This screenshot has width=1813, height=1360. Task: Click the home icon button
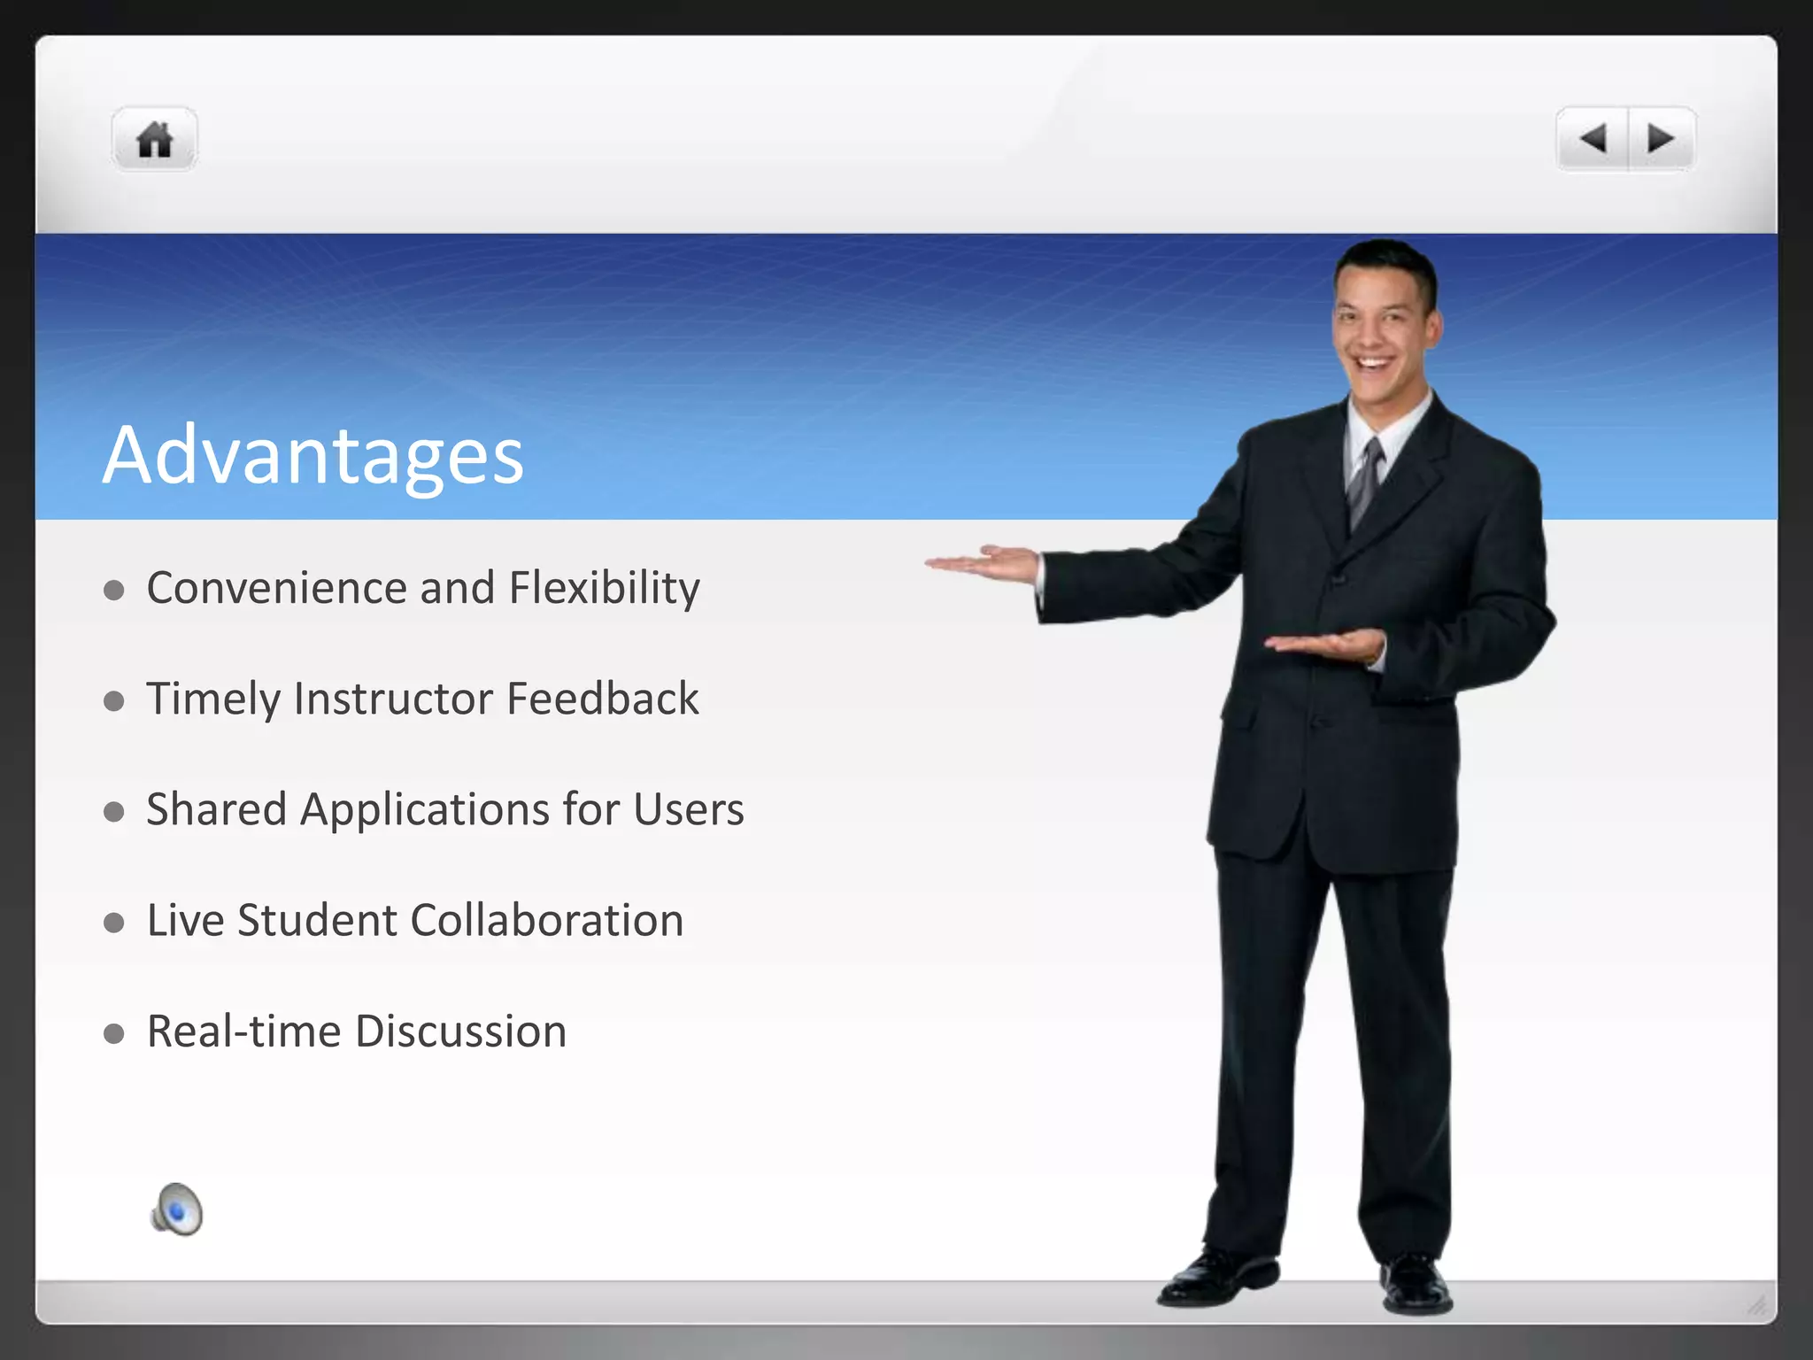155,139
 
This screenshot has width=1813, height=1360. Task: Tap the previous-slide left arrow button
1593,139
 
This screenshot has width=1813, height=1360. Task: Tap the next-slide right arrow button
1661,139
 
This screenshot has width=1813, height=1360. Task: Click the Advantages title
313,455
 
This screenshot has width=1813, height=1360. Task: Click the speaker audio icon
177,1209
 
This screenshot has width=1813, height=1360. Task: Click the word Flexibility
605,588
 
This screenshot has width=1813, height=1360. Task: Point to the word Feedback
603,699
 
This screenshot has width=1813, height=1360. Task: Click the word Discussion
460,1032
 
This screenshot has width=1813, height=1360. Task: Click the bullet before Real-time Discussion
113,1033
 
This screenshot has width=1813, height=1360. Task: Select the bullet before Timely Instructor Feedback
113,701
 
